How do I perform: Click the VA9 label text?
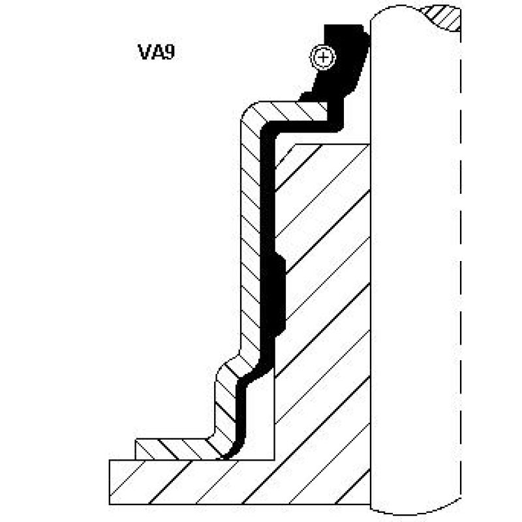point(156,52)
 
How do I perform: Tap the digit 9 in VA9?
point(169,52)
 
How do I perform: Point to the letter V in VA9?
point(144,52)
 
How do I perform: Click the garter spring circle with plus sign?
point(323,57)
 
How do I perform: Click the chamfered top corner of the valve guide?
point(285,155)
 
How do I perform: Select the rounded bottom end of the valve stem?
point(416,508)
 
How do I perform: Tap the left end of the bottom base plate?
point(110,482)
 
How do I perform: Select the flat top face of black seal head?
point(344,25)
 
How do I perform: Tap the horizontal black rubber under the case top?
point(299,126)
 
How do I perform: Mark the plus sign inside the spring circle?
point(323,57)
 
